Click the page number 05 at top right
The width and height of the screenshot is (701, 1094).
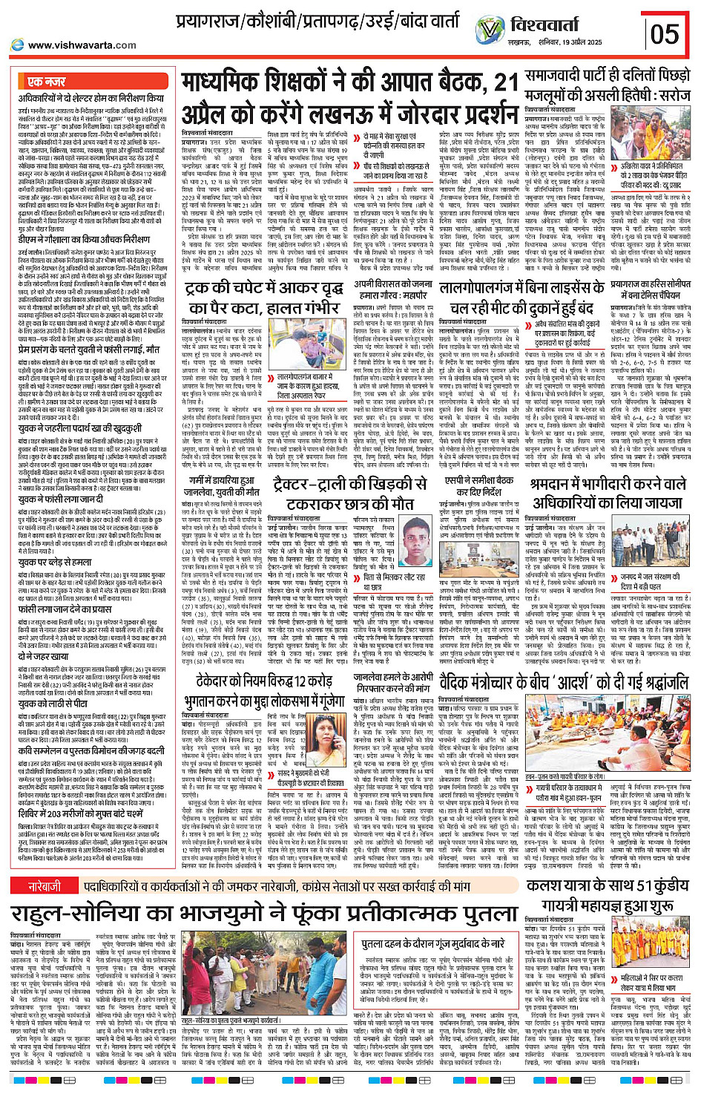pos(665,33)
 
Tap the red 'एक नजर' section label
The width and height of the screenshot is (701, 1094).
pos(47,82)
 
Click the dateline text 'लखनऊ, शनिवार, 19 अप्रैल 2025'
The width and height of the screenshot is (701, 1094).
pos(582,45)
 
